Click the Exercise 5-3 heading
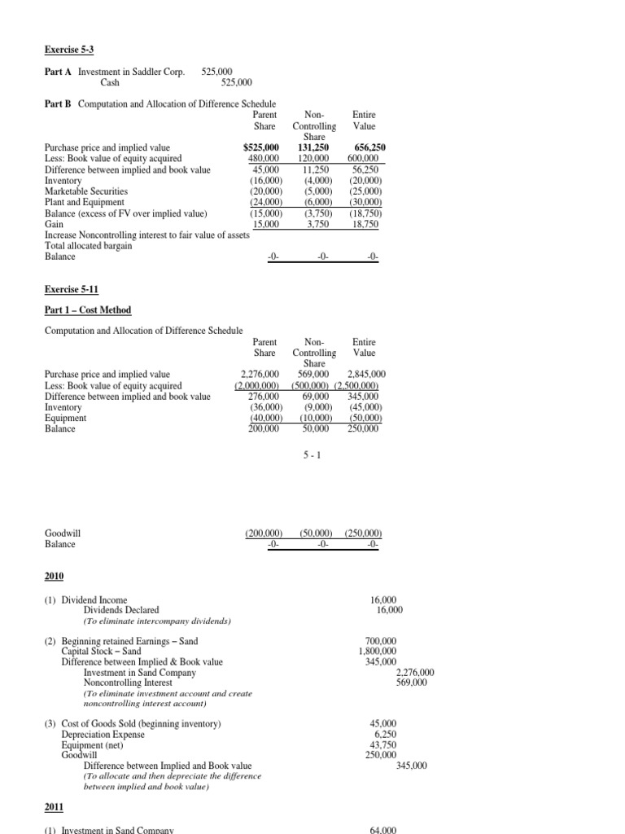pyautogui.click(x=68, y=49)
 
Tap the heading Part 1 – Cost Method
pyautogui.click(x=87, y=310)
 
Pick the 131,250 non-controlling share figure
pyautogui.click(x=314, y=147)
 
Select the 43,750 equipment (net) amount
pyautogui.click(x=383, y=744)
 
